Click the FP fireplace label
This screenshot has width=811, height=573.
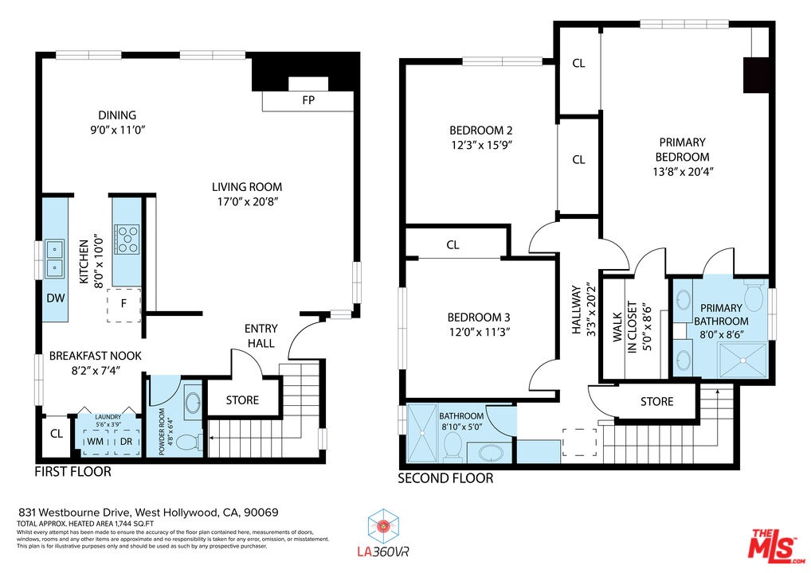pos(308,100)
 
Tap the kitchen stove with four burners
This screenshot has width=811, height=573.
pos(127,240)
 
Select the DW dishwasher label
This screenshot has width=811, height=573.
pos(55,298)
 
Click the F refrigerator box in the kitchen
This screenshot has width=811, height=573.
pos(123,305)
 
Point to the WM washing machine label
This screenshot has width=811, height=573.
pos(95,442)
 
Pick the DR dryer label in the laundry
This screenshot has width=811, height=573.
pos(126,442)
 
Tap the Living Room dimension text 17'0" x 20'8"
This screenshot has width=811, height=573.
pos(249,201)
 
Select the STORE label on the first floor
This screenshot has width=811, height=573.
pos(242,400)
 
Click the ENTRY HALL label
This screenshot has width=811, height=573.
pos(261,336)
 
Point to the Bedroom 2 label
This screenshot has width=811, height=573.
pos(481,131)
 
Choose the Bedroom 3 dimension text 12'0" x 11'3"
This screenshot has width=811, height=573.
pos(480,332)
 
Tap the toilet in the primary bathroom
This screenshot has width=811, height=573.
pos(755,295)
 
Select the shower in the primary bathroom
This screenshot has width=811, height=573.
pos(743,360)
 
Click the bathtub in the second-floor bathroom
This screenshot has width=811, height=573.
pos(490,453)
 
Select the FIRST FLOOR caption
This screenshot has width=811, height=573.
pos(73,472)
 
